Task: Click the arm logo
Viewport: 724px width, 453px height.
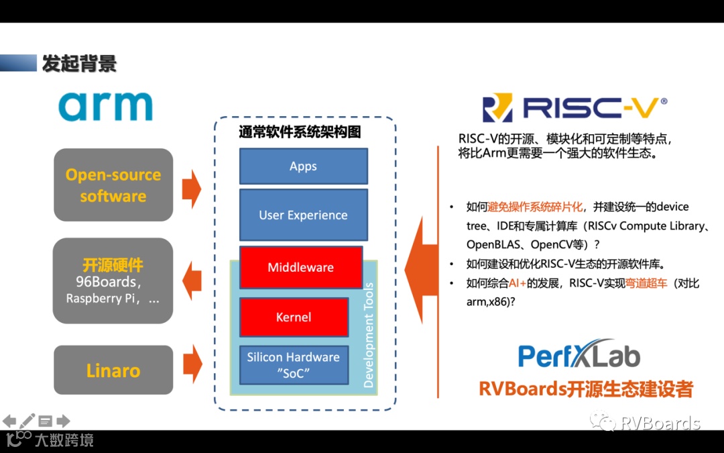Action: (x=105, y=106)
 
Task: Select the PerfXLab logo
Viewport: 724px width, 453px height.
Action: (x=579, y=355)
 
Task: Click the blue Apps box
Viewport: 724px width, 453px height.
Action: (x=303, y=166)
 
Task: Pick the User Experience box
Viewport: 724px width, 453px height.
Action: (x=303, y=215)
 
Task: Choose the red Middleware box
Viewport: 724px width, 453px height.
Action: (x=300, y=267)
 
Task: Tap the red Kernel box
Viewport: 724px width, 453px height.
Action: (x=294, y=317)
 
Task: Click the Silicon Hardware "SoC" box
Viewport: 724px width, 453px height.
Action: (x=293, y=364)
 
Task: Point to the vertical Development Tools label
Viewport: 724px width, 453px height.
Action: (x=368, y=336)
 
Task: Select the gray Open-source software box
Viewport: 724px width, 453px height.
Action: (x=113, y=185)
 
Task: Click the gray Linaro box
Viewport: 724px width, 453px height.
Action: (x=113, y=370)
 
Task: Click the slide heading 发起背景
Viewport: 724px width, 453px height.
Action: (x=79, y=63)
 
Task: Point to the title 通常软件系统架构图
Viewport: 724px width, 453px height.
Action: (x=300, y=131)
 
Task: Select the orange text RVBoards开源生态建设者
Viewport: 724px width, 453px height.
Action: (x=586, y=389)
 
